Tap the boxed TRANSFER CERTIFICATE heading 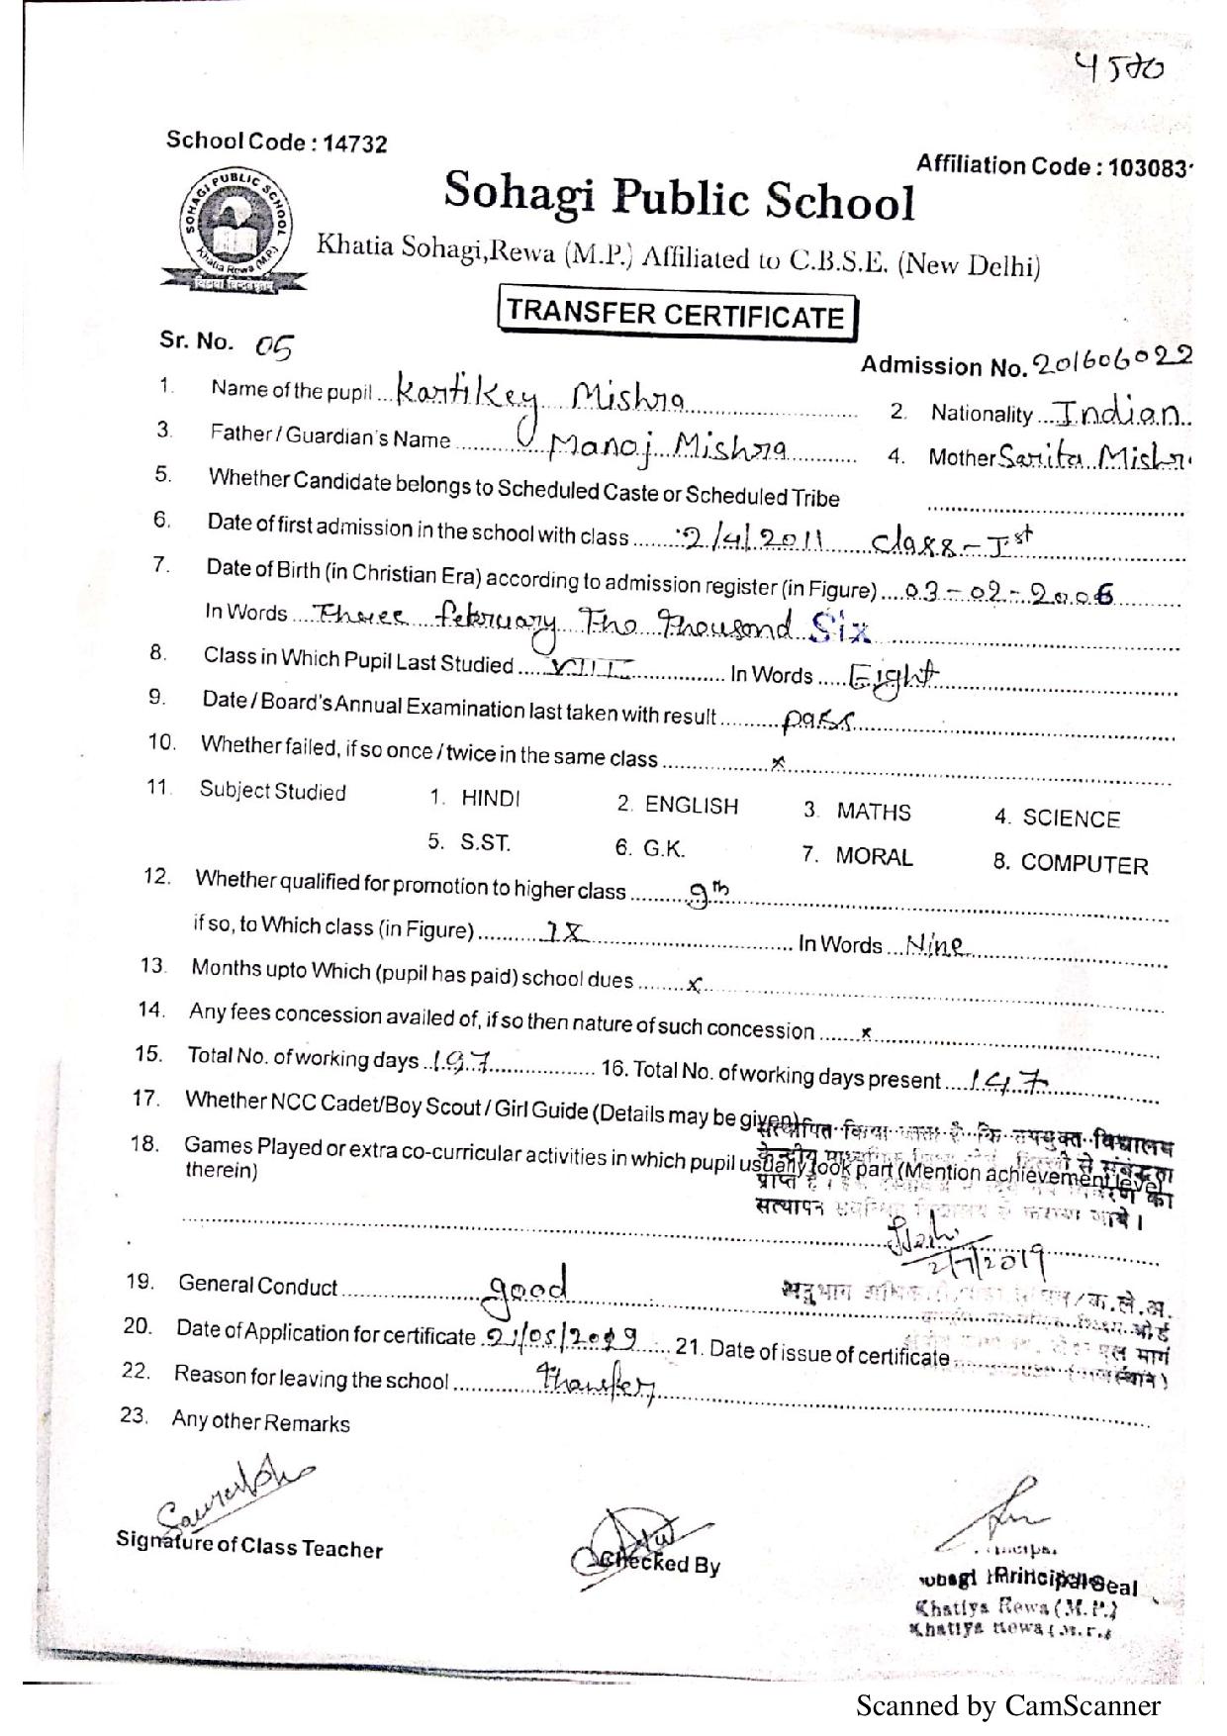(x=677, y=316)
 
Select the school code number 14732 (x=355, y=145)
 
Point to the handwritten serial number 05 (x=274, y=346)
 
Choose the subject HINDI (x=490, y=799)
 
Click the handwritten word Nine (x=934, y=945)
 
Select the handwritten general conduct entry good (x=527, y=1287)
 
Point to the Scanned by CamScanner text (x=1007, y=1705)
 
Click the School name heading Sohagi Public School (x=679, y=196)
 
